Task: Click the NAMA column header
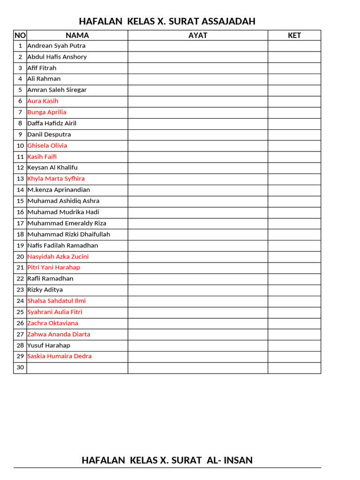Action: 77,35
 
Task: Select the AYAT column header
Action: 198,35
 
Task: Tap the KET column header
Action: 294,35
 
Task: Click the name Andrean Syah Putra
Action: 56,46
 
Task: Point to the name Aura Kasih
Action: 43,101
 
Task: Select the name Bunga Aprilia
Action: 47,112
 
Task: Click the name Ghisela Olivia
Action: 47,146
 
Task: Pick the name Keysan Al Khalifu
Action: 52,168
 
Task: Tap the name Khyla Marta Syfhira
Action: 56,179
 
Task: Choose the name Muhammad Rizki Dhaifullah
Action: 68,234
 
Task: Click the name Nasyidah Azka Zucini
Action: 58,257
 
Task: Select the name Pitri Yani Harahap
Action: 53,268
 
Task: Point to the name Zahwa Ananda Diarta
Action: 59,335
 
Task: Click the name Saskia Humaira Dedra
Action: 60,356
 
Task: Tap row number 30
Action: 20,368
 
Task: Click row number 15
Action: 20,201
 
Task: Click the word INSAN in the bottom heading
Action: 237,460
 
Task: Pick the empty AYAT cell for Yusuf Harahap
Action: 198,345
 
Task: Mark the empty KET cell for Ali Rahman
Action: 294,79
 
